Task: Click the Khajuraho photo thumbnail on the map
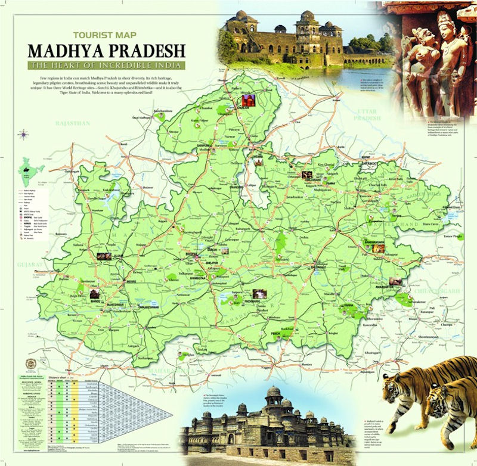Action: coord(308,175)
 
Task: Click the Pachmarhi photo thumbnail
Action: coord(258,293)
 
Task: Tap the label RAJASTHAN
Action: coord(72,123)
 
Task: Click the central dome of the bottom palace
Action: coord(274,392)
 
